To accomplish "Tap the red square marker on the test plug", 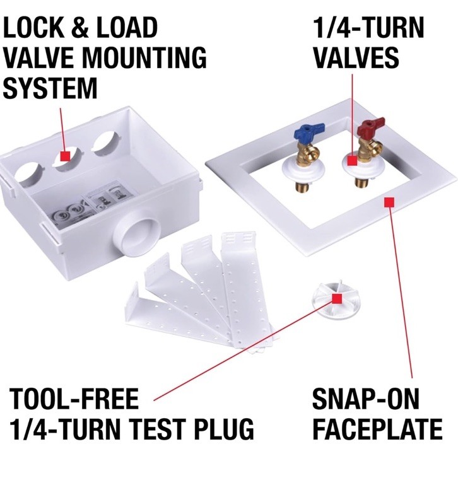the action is click(x=336, y=299).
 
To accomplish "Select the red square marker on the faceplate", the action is click(x=389, y=202).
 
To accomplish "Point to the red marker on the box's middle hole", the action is click(x=65, y=156).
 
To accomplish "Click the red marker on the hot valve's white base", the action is click(x=352, y=161).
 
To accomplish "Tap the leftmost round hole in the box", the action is click(x=29, y=176).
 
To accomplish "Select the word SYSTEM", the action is click(x=50, y=88).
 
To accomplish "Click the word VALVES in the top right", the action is click(x=356, y=58).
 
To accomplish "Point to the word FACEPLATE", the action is click(x=377, y=428).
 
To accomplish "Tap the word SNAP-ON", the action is click(x=365, y=399).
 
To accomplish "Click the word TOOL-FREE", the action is click(x=74, y=399).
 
